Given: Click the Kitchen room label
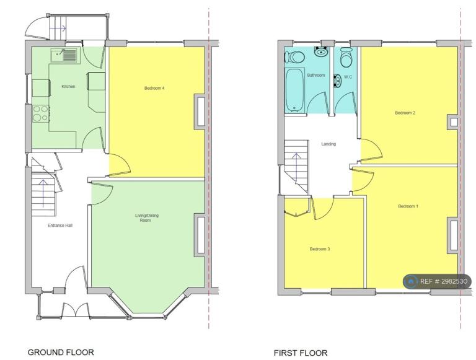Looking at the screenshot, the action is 68,87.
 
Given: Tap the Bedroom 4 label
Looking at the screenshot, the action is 154,89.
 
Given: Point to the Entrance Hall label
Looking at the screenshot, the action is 60,225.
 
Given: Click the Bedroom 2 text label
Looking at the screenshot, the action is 405,113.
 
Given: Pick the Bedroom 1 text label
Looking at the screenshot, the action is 408,206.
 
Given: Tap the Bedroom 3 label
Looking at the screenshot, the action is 320,249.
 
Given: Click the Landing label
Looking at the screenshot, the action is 328,144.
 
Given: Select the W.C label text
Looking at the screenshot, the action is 348,77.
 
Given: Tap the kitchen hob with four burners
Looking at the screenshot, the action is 41,113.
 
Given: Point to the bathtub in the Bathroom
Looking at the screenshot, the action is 294,90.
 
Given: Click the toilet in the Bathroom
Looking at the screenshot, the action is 294,57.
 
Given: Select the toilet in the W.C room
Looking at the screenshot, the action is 346,57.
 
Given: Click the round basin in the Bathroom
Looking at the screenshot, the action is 321,51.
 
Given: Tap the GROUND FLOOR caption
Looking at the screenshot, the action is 61,352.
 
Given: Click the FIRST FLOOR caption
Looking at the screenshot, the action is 301,353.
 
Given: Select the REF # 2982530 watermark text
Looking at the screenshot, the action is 444,281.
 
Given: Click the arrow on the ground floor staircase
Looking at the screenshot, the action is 43,193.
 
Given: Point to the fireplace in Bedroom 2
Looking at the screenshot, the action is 452,122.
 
